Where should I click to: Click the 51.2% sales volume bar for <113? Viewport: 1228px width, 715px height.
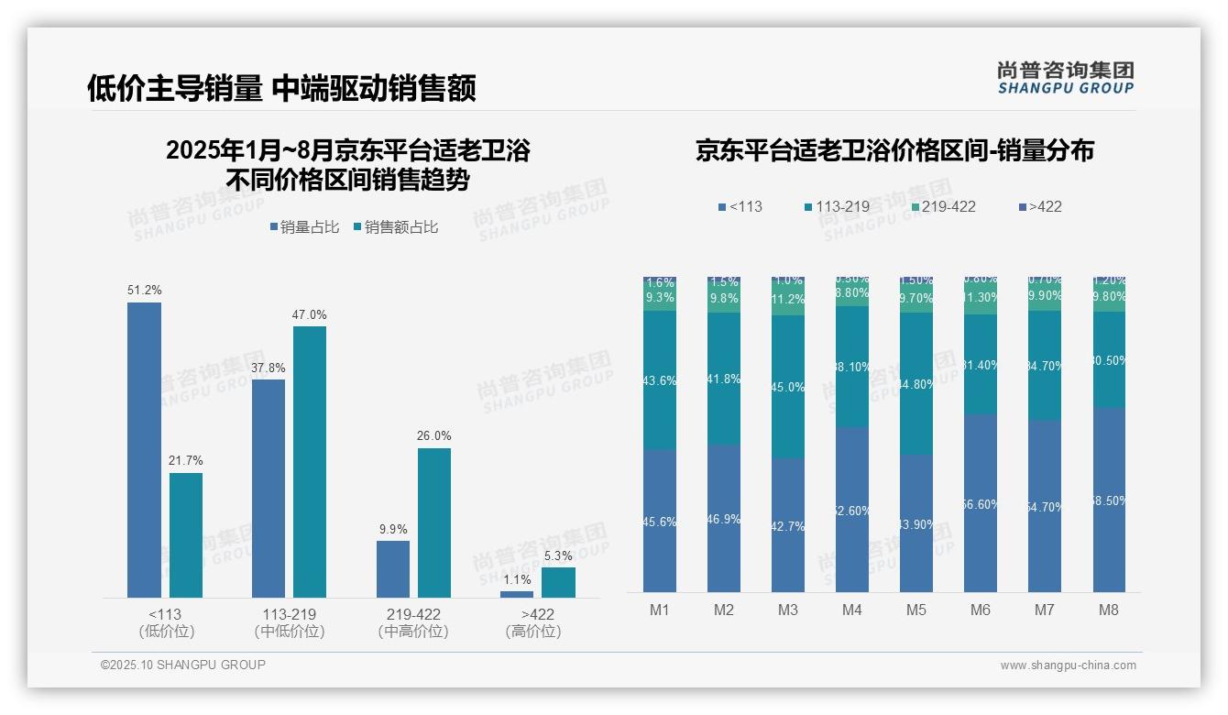point(144,449)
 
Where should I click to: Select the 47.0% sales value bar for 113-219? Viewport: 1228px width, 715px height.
point(310,461)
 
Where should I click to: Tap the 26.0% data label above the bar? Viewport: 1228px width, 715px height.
point(434,436)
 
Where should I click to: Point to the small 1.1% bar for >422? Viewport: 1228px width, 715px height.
point(517,594)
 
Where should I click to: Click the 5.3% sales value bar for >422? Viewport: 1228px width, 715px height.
point(558,582)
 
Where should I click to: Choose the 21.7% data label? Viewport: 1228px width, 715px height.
point(186,461)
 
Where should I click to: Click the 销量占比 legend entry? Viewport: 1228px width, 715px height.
point(308,227)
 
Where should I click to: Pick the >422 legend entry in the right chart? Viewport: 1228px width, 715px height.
point(1039,206)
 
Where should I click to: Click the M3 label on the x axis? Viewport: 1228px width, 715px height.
point(788,610)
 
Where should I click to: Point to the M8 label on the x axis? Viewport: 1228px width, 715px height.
point(1108,610)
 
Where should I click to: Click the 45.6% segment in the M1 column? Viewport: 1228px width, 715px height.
point(660,521)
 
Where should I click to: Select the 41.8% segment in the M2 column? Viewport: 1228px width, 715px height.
point(724,379)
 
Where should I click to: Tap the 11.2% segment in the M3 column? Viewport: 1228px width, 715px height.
point(788,301)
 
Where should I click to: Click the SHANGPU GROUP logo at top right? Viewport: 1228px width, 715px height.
point(1065,78)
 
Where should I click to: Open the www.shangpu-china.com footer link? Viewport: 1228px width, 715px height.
point(1068,665)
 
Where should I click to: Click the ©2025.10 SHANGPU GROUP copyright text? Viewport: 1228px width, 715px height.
point(183,665)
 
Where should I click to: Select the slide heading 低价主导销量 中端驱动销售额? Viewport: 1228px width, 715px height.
point(281,89)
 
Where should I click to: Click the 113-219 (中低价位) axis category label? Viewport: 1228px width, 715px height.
point(290,622)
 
